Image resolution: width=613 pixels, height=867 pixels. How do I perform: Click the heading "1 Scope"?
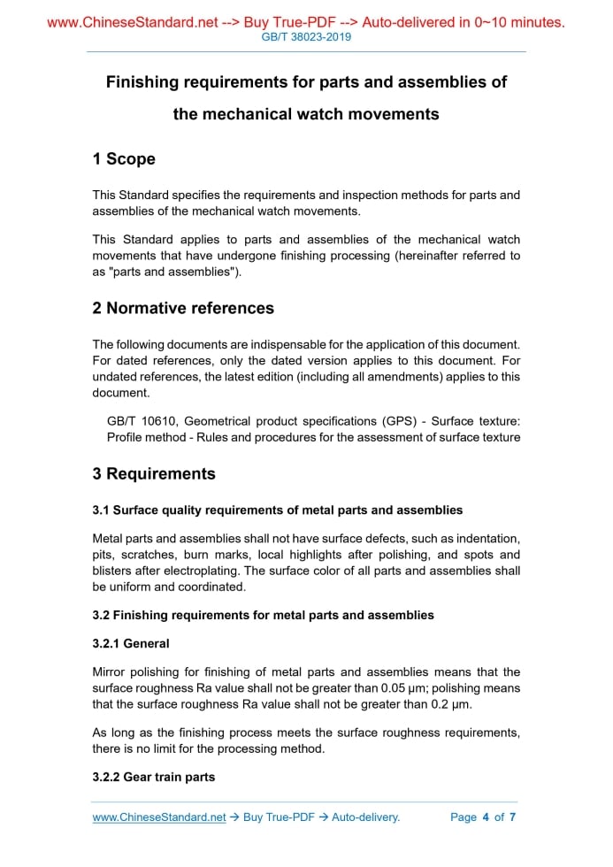[124, 159]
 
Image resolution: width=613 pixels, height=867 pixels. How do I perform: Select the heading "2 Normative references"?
[183, 309]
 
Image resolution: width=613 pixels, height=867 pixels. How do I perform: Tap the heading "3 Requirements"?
[154, 474]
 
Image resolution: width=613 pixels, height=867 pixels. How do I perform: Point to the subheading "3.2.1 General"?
[131, 643]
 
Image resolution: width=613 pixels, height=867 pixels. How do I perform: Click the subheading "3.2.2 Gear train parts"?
[153, 777]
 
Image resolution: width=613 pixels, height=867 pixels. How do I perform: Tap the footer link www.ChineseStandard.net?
[159, 817]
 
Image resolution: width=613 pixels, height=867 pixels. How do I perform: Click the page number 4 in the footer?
[486, 817]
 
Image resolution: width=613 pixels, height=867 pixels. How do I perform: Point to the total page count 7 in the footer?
[512, 817]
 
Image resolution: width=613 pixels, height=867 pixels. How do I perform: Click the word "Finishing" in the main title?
[142, 82]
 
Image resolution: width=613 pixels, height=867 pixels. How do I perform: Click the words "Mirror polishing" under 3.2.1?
[136, 672]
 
